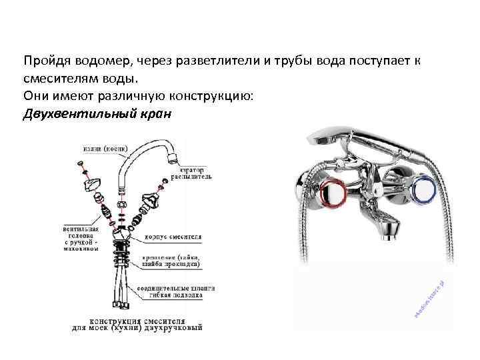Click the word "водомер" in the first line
(97, 61)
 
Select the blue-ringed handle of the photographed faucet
(423, 190)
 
